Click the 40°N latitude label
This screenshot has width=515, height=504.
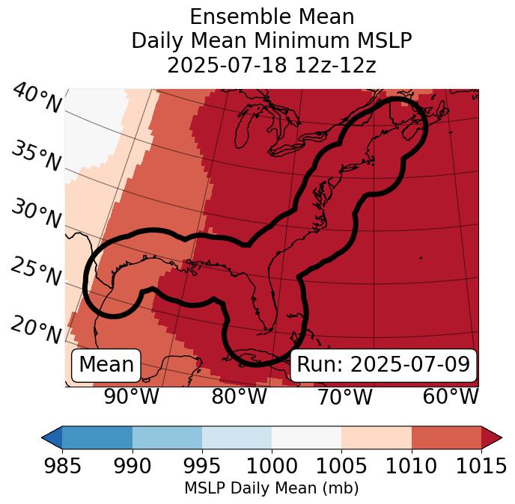tap(37, 99)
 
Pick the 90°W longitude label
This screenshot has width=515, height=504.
tap(132, 396)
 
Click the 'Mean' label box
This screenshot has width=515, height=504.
tap(106, 365)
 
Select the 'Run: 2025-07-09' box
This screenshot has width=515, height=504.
tap(383, 365)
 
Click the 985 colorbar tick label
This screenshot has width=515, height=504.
tap(62, 466)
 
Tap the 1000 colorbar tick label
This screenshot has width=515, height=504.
tap(272, 466)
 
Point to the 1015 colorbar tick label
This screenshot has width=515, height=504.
tap(481, 466)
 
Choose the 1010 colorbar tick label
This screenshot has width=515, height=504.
tap(412, 466)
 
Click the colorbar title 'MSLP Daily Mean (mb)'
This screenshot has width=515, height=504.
tap(271, 488)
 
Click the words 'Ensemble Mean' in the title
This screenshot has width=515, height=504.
tap(271, 16)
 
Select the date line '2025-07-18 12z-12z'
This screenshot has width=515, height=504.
tap(271, 65)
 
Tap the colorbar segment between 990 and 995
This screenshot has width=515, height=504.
tap(167, 437)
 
